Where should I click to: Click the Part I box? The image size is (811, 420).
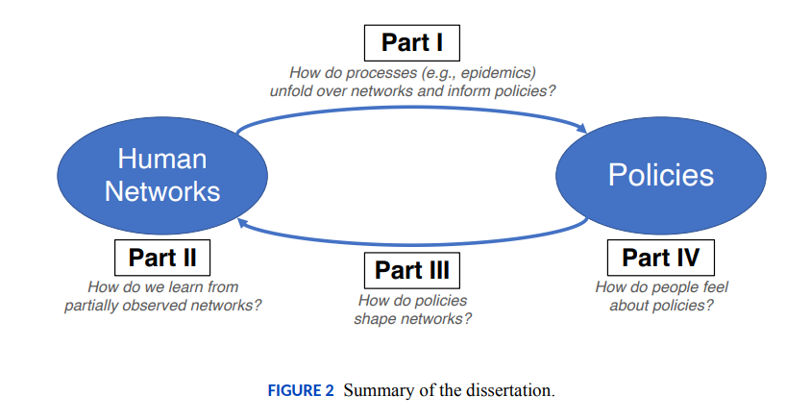(411, 43)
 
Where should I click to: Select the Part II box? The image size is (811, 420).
(161, 258)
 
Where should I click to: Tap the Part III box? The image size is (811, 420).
(411, 270)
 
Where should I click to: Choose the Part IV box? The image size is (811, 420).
(660, 258)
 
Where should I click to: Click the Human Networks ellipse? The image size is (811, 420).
(161, 175)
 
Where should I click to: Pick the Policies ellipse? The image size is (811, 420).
(660, 175)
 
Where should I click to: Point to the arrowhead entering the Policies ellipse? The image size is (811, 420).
(582, 128)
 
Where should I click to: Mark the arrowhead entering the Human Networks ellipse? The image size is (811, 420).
(242, 223)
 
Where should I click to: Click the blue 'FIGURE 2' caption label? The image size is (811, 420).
(301, 390)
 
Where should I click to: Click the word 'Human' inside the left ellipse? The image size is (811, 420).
(162, 159)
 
